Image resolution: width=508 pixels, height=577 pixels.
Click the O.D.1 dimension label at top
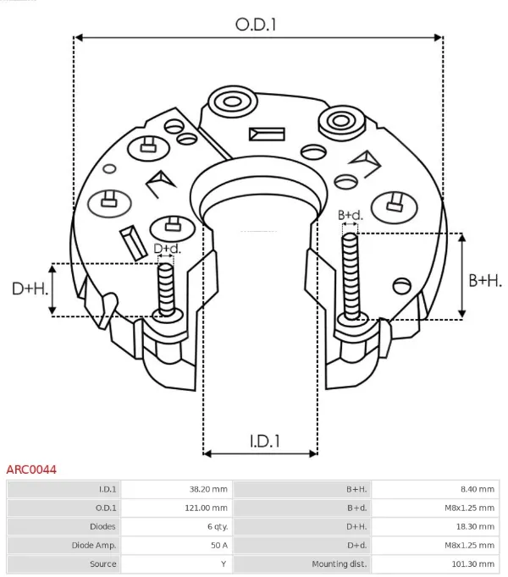pyautogui.click(x=256, y=25)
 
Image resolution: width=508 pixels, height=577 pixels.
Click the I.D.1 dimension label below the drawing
pyautogui.click(x=265, y=441)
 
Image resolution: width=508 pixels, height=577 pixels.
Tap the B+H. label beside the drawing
pyautogui.click(x=485, y=281)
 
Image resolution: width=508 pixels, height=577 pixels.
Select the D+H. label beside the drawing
pyautogui.click(x=28, y=288)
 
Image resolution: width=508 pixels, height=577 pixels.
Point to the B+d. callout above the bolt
pyautogui.click(x=351, y=215)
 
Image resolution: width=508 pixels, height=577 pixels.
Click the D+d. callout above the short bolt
pyautogui.click(x=167, y=249)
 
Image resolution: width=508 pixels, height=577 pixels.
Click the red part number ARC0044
pyautogui.click(x=31, y=469)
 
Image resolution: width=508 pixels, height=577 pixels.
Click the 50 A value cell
pyautogui.click(x=218, y=545)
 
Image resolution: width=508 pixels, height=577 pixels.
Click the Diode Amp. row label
pyautogui.click(x=96, y=545)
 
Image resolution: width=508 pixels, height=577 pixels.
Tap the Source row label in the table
pyautogui.click(x=103, y=563)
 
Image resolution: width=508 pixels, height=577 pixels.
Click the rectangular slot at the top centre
pyautogui.click(x=268, y=134)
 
